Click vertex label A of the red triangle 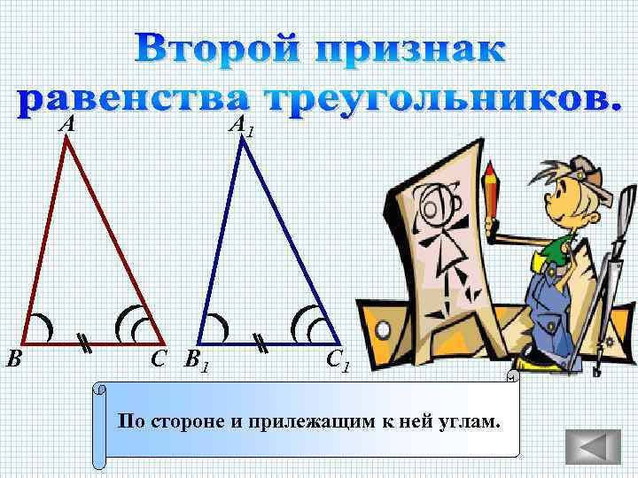pyautogui.click(x=66, y=125)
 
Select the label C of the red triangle pyautogui.click(x=159, y=358)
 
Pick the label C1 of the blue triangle pyautogui.click(x=338, y=361)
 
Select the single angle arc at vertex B pyautogui.click(x=41, y=327)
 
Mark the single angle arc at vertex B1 pyautogui.click(x=218, y=327)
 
